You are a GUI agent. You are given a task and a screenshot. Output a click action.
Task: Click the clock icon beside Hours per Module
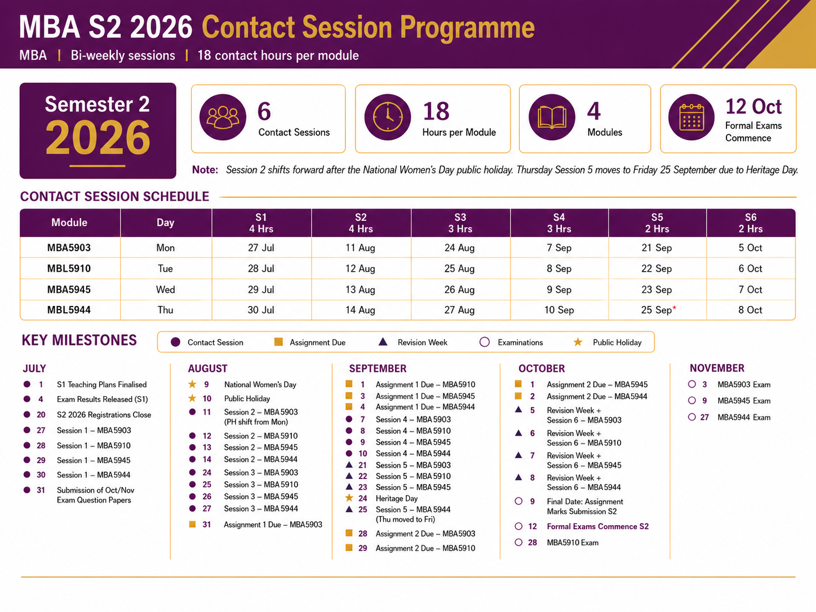pos(387,117)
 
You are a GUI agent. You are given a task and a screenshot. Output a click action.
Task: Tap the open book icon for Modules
pos(552,117)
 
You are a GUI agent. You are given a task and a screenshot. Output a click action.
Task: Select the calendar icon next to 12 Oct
pos(691,117)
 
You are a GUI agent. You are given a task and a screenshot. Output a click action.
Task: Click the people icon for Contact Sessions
pos(223,117)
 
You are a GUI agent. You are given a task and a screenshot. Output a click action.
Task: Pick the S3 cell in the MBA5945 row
pos(459,290)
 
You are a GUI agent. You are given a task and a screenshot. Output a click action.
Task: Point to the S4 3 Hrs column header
pos(559,223)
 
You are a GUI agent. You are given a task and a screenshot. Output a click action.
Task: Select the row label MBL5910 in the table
pos(69,269)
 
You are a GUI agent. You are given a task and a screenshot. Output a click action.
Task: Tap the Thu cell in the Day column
pos(166,310)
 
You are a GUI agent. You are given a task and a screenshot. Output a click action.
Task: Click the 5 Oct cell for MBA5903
pos(750,248)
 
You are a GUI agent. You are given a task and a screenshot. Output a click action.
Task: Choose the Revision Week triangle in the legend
pos(383,342)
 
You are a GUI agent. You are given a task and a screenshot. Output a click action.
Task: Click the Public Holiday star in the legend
pos(578,342)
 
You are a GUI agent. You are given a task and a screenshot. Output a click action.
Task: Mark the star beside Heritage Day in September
pos(349,498)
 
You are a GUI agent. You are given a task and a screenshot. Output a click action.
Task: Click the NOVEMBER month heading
pos(717,368)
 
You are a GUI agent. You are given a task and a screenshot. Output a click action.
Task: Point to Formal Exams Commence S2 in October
pos(598,526)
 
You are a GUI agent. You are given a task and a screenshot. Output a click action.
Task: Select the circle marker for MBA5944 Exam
pos(692,417)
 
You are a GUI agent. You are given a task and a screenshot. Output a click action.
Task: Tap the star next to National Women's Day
pos(192,384)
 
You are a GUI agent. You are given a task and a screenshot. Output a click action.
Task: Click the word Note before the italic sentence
pos(205,170)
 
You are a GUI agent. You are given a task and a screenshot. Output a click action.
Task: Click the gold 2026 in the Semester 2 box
pos(97,138)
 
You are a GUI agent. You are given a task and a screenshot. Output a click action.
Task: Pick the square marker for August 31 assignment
pos(192,524)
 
